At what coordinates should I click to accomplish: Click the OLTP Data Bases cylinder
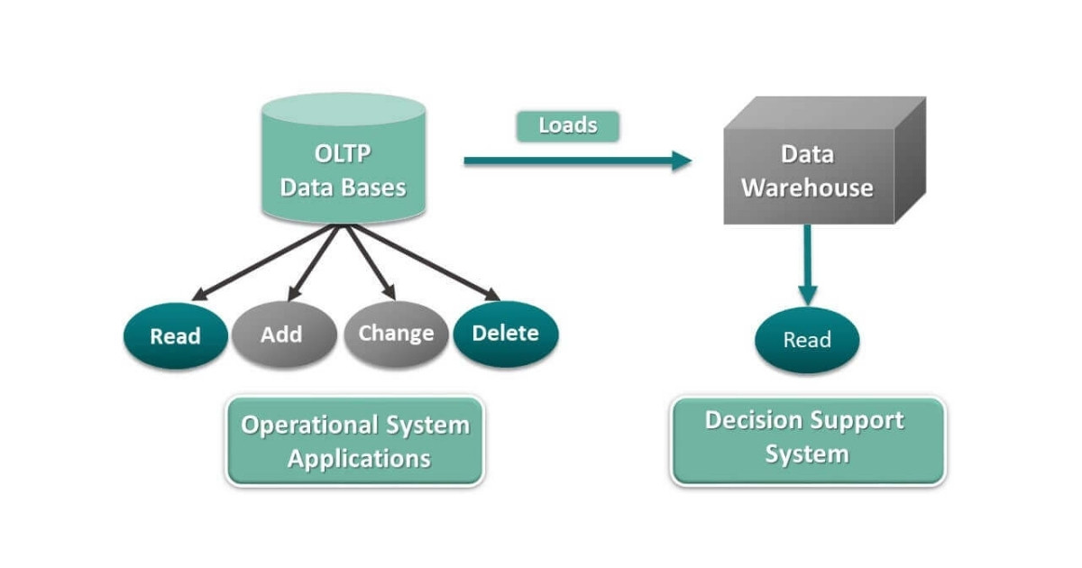tap(343, 162)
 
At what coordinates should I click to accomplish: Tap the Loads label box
tap(567, 125)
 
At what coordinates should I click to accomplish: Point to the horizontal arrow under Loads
tap(577, 161)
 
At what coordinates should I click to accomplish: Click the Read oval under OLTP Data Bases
tap(175, 335)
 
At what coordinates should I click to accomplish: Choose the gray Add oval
tap(280, 334)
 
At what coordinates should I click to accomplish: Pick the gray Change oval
tap(396, 334)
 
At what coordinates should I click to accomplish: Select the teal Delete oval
tap(505, 334)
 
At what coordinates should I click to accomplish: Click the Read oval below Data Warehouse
tap(807, 340)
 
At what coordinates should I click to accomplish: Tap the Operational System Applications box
tap(354, 441)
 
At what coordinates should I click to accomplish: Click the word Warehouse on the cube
tap(807, 188)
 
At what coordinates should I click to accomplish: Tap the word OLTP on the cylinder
tap(343, 153)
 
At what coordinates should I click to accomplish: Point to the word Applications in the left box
tap(359, 458)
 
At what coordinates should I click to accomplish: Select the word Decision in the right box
tap(753, 421)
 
